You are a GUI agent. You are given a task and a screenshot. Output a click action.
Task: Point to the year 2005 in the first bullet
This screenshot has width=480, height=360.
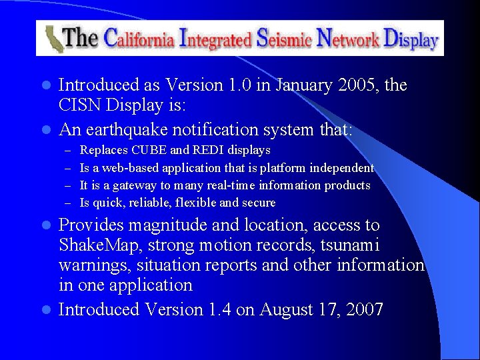click(x=357, y=85)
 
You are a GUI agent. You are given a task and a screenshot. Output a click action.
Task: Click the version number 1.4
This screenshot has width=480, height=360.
click(x=225, y=309)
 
